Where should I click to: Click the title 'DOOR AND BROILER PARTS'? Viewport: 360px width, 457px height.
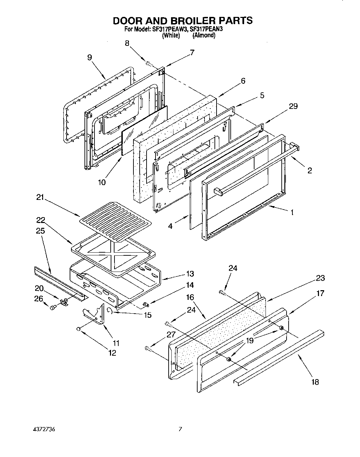[x=183, y=20]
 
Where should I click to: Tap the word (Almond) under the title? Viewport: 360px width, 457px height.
[x=204, y=35]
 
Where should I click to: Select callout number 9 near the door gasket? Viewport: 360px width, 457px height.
[x=90, y=58]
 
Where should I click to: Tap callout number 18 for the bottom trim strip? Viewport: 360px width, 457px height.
[x=314, y=382]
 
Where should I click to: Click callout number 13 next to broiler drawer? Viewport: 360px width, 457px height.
[x=190, y=274]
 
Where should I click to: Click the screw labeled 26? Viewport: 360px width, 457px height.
[x=53, y=307]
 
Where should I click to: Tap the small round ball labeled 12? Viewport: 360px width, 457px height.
[x=79, y=329]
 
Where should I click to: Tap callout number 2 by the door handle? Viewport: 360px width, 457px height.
[x=309, y=170]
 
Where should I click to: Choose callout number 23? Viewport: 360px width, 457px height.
[x=320, y=278]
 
